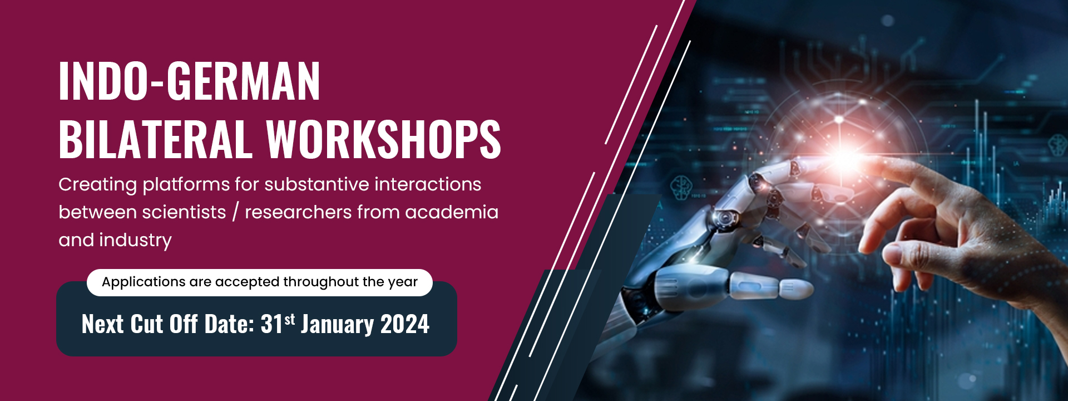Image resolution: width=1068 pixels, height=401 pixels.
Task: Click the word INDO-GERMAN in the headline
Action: (189, 81)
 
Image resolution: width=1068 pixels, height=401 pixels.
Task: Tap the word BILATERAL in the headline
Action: (155, 139)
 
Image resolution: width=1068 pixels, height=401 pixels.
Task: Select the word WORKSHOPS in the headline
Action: (383, 139)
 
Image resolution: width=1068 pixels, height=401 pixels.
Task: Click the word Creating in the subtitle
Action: (97, 185)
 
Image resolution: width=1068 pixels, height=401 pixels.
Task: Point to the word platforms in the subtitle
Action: (186, 185)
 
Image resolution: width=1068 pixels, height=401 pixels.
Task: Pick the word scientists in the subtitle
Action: (184, 212)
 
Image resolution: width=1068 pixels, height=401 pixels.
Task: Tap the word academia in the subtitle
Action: (452, 212)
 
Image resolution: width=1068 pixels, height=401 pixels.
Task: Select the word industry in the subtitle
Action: (135, 241)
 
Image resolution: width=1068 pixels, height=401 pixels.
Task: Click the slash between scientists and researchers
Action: (236, 212)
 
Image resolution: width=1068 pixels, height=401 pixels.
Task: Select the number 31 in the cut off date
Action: (271, 324)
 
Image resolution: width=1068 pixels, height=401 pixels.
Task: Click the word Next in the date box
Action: (102, 324)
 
